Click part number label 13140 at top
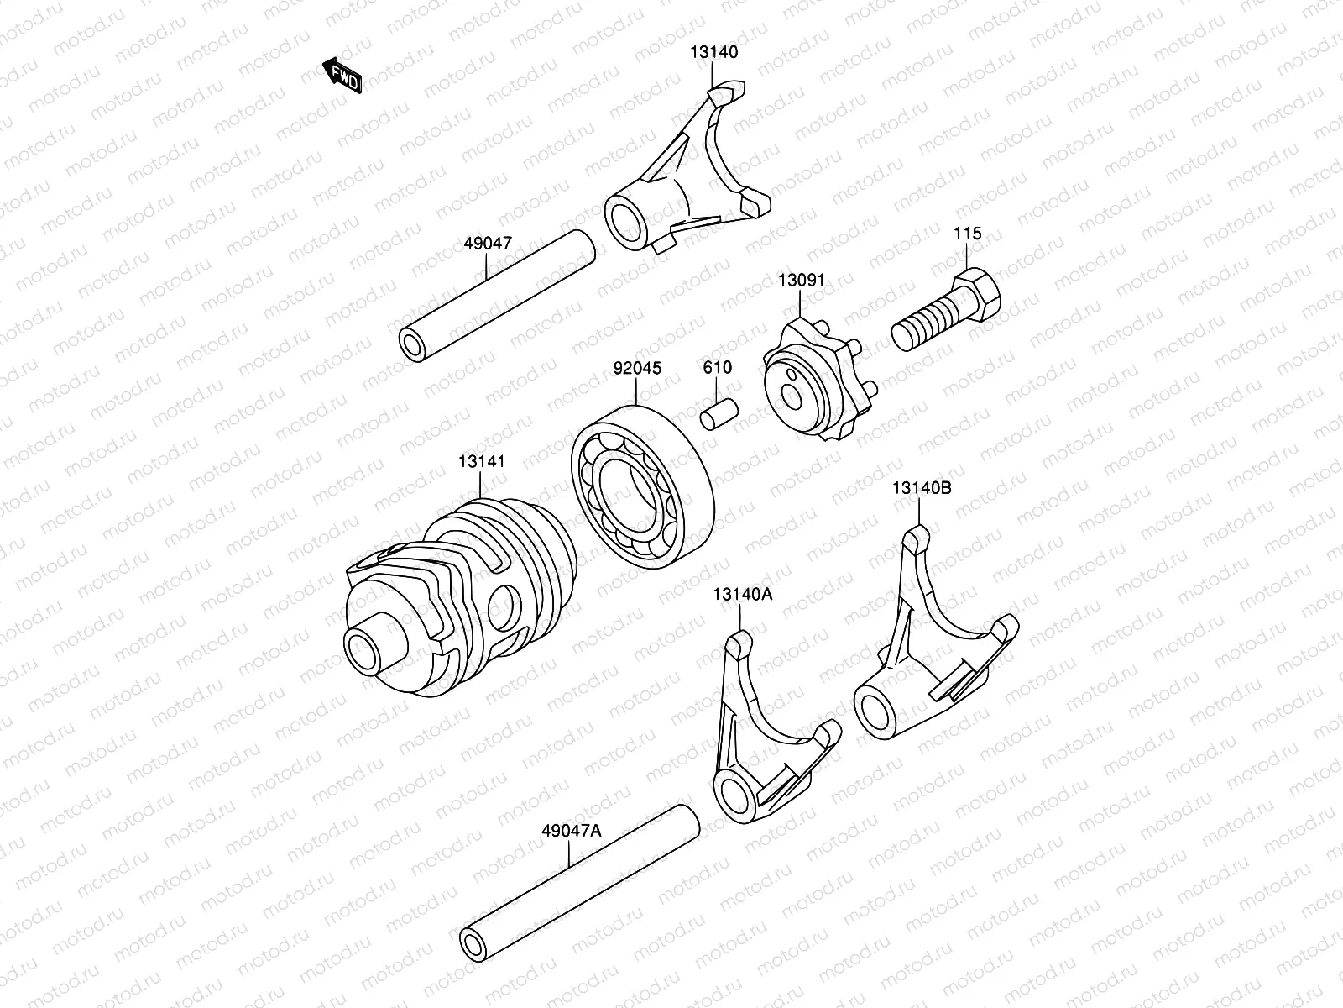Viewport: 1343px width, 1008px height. (x=714, y=52)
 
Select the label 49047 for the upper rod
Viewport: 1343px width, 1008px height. (x=488, y=244)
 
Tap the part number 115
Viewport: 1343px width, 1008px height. (x=967, y=234)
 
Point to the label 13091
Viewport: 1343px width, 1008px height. (x=801, y=281)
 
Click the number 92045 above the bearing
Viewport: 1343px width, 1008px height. (x=637, y=368)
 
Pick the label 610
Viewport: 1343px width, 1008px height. (x=717, y=368)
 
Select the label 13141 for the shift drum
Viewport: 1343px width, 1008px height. (x=482, y=461)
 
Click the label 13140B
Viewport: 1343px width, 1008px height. (x=921, y=488)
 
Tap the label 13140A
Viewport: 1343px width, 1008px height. (x=742, y=594)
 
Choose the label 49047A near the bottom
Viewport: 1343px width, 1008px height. (x=572, y=830)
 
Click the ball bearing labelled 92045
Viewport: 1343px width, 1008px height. (x=642, y=480)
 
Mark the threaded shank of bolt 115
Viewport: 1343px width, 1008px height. (x=926, y=324)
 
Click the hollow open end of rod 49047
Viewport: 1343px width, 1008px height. (x=414, y=345)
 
